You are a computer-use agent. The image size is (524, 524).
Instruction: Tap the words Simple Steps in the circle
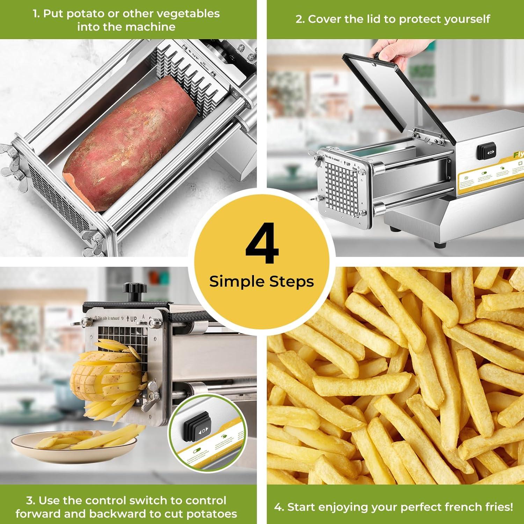coord(262,282)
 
